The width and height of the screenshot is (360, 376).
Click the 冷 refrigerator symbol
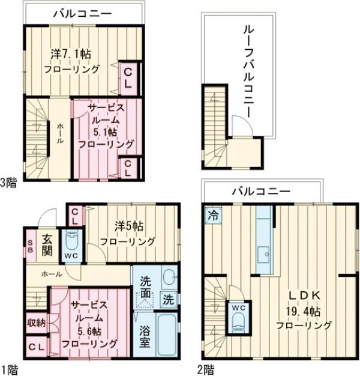click(212, 214)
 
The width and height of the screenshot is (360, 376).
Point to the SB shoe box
click(29, 247)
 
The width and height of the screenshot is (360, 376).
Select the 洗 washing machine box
click(169, 298)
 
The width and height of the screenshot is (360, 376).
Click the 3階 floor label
click(8, 183)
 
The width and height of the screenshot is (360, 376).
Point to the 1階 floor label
click(8, 368)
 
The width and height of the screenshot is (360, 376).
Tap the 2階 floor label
click(206, 368)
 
